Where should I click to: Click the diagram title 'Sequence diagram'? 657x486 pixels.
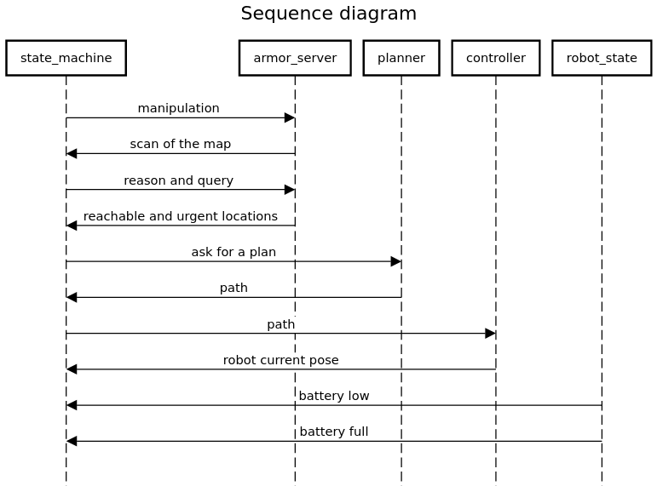pos(328,14)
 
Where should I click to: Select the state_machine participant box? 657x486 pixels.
pos(66,58)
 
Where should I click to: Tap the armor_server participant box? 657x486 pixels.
pos(295,58)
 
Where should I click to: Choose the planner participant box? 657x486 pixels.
pos(401,58)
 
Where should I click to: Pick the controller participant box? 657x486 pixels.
pos(495,58)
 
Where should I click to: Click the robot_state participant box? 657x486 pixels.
pos(602,58)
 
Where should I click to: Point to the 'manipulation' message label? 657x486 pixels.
pos(178,108)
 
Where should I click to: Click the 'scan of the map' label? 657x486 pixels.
pos(180,144)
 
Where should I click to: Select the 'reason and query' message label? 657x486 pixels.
pos(178,180)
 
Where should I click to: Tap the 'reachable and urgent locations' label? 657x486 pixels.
pos(180,216)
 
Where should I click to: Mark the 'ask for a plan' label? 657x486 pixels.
pos(233,252)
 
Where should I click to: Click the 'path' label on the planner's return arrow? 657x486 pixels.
pos(233,288)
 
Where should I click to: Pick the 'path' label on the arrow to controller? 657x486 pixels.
pos(280,324)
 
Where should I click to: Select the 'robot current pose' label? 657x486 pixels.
pos(280,360)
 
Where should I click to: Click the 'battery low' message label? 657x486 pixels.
pos(333,396)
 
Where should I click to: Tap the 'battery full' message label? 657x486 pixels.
pos(333,432)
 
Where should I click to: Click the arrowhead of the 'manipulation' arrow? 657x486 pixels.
pos(290,117)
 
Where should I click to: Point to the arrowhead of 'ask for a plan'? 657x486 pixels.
pos(396,261)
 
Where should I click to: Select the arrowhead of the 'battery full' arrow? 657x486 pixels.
pos(72,441)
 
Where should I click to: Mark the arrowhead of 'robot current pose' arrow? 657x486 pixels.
pos(72,369)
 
